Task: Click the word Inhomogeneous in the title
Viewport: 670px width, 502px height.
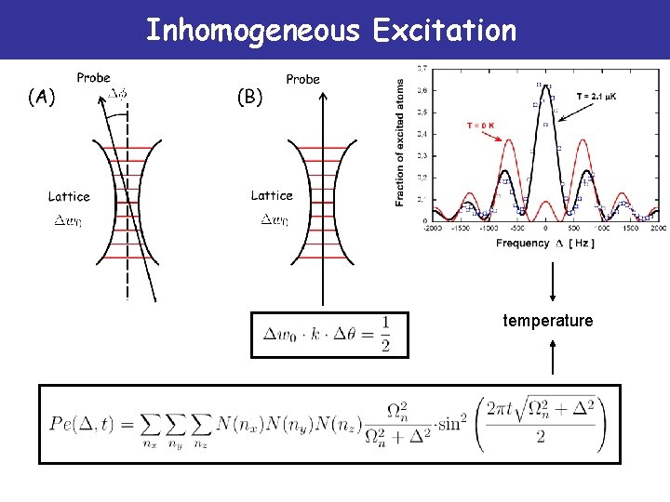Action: tap(251, 31)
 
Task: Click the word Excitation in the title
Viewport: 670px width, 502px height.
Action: tap(444, 31)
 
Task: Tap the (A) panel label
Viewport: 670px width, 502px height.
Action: tap(42, 96)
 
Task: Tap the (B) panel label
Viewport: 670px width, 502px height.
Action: tap(250, 96)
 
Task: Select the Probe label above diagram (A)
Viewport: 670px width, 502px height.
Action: tap(93, 78)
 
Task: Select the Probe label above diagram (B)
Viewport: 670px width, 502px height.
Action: tap(302, 79)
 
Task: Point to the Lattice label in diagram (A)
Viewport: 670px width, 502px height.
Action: tap(69, 196)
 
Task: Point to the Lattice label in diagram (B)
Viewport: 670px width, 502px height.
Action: tap(272, 195)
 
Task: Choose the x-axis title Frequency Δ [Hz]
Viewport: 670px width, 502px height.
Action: tap(544, 243)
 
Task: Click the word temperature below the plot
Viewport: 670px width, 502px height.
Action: tap(547, 321)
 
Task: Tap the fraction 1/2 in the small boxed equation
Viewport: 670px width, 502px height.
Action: tap(385, 334)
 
